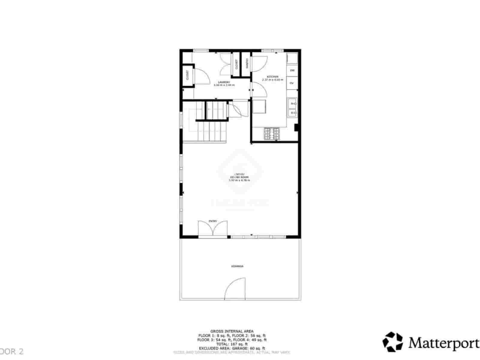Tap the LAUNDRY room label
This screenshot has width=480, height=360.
[224, 82]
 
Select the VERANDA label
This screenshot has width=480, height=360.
[237, 266]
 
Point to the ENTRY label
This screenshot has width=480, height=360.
[212, 221]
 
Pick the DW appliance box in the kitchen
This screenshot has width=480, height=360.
[292, 70]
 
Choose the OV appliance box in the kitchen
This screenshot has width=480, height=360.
[292, 83]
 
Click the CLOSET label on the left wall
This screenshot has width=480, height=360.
[187, 75]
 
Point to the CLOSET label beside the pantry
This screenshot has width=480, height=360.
[236, 64]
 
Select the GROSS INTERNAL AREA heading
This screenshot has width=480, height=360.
[232, 331]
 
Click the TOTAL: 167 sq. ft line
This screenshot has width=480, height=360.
[232, 344]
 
